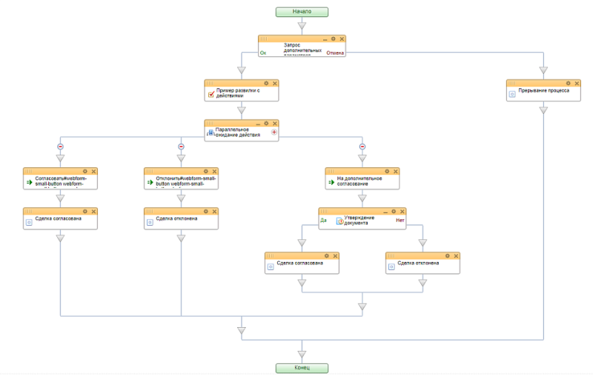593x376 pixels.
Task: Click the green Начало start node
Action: pos(301,12)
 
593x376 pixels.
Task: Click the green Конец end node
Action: pos(301,367)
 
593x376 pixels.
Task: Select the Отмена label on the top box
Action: pos(336,53)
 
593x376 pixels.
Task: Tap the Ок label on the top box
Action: pos(263,53)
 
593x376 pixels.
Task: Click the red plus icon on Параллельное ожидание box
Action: pos(274,132)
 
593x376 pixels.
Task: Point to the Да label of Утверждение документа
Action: pos(323,220)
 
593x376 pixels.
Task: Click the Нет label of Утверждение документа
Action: pos(400,220)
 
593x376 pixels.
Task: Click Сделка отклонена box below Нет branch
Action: pos(423,263)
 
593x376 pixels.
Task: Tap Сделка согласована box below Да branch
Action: pos(302,263)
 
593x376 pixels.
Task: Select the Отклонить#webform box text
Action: pos(185,181)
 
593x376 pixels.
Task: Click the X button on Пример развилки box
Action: pos(274,83)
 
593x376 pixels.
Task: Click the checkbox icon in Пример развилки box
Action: pos(211,94)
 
